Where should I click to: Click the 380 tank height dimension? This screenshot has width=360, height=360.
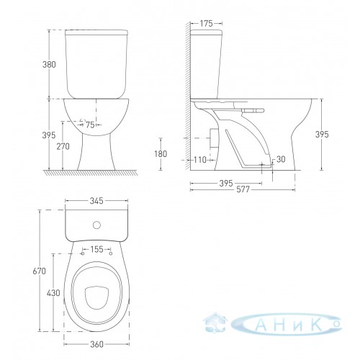click(49, 65)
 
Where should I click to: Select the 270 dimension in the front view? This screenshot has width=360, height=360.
click(63, 146)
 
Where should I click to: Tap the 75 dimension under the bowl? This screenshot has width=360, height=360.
click(90, 125)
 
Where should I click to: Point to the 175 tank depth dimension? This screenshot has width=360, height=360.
click(207, 24)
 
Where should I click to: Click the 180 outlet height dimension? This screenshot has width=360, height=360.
click(161, 154)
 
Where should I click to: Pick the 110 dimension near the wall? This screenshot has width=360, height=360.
click(200, 160)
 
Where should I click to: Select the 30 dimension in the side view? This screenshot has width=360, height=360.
click(281, 159)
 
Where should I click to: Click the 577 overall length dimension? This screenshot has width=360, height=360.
click(243, 189)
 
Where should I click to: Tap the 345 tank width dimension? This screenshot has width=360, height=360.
click(96, 201)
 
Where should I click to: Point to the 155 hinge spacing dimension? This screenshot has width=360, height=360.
click(96, 249)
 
